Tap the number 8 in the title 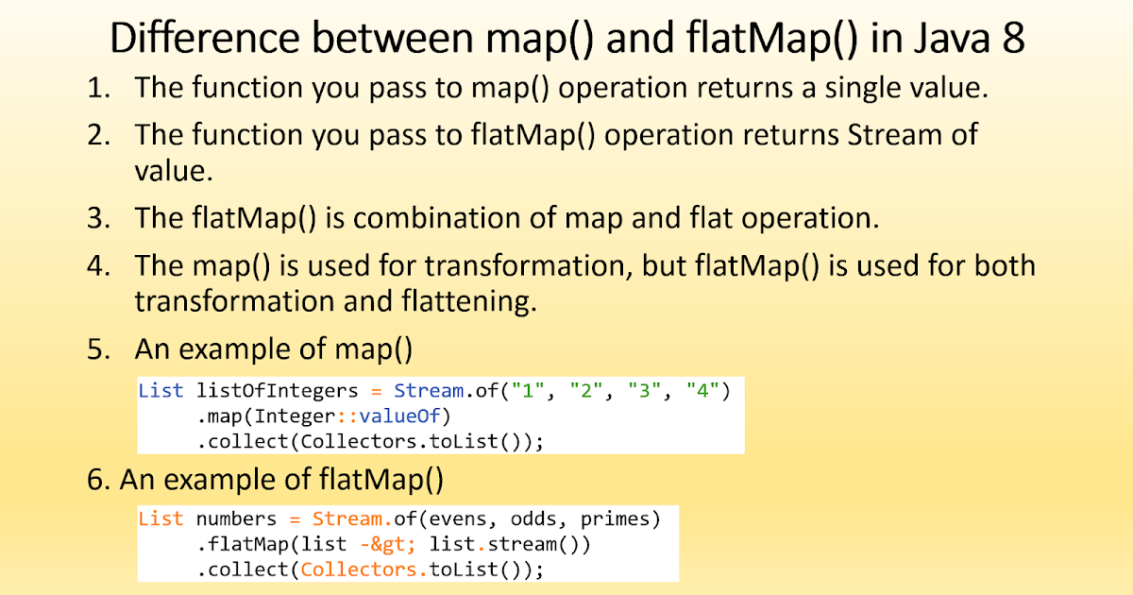(x=1012, y=40)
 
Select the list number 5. (x=98, y=348)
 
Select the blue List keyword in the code (x=161, y=390)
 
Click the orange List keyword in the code (x=161, y=519)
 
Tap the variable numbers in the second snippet (x=236, y=519)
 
